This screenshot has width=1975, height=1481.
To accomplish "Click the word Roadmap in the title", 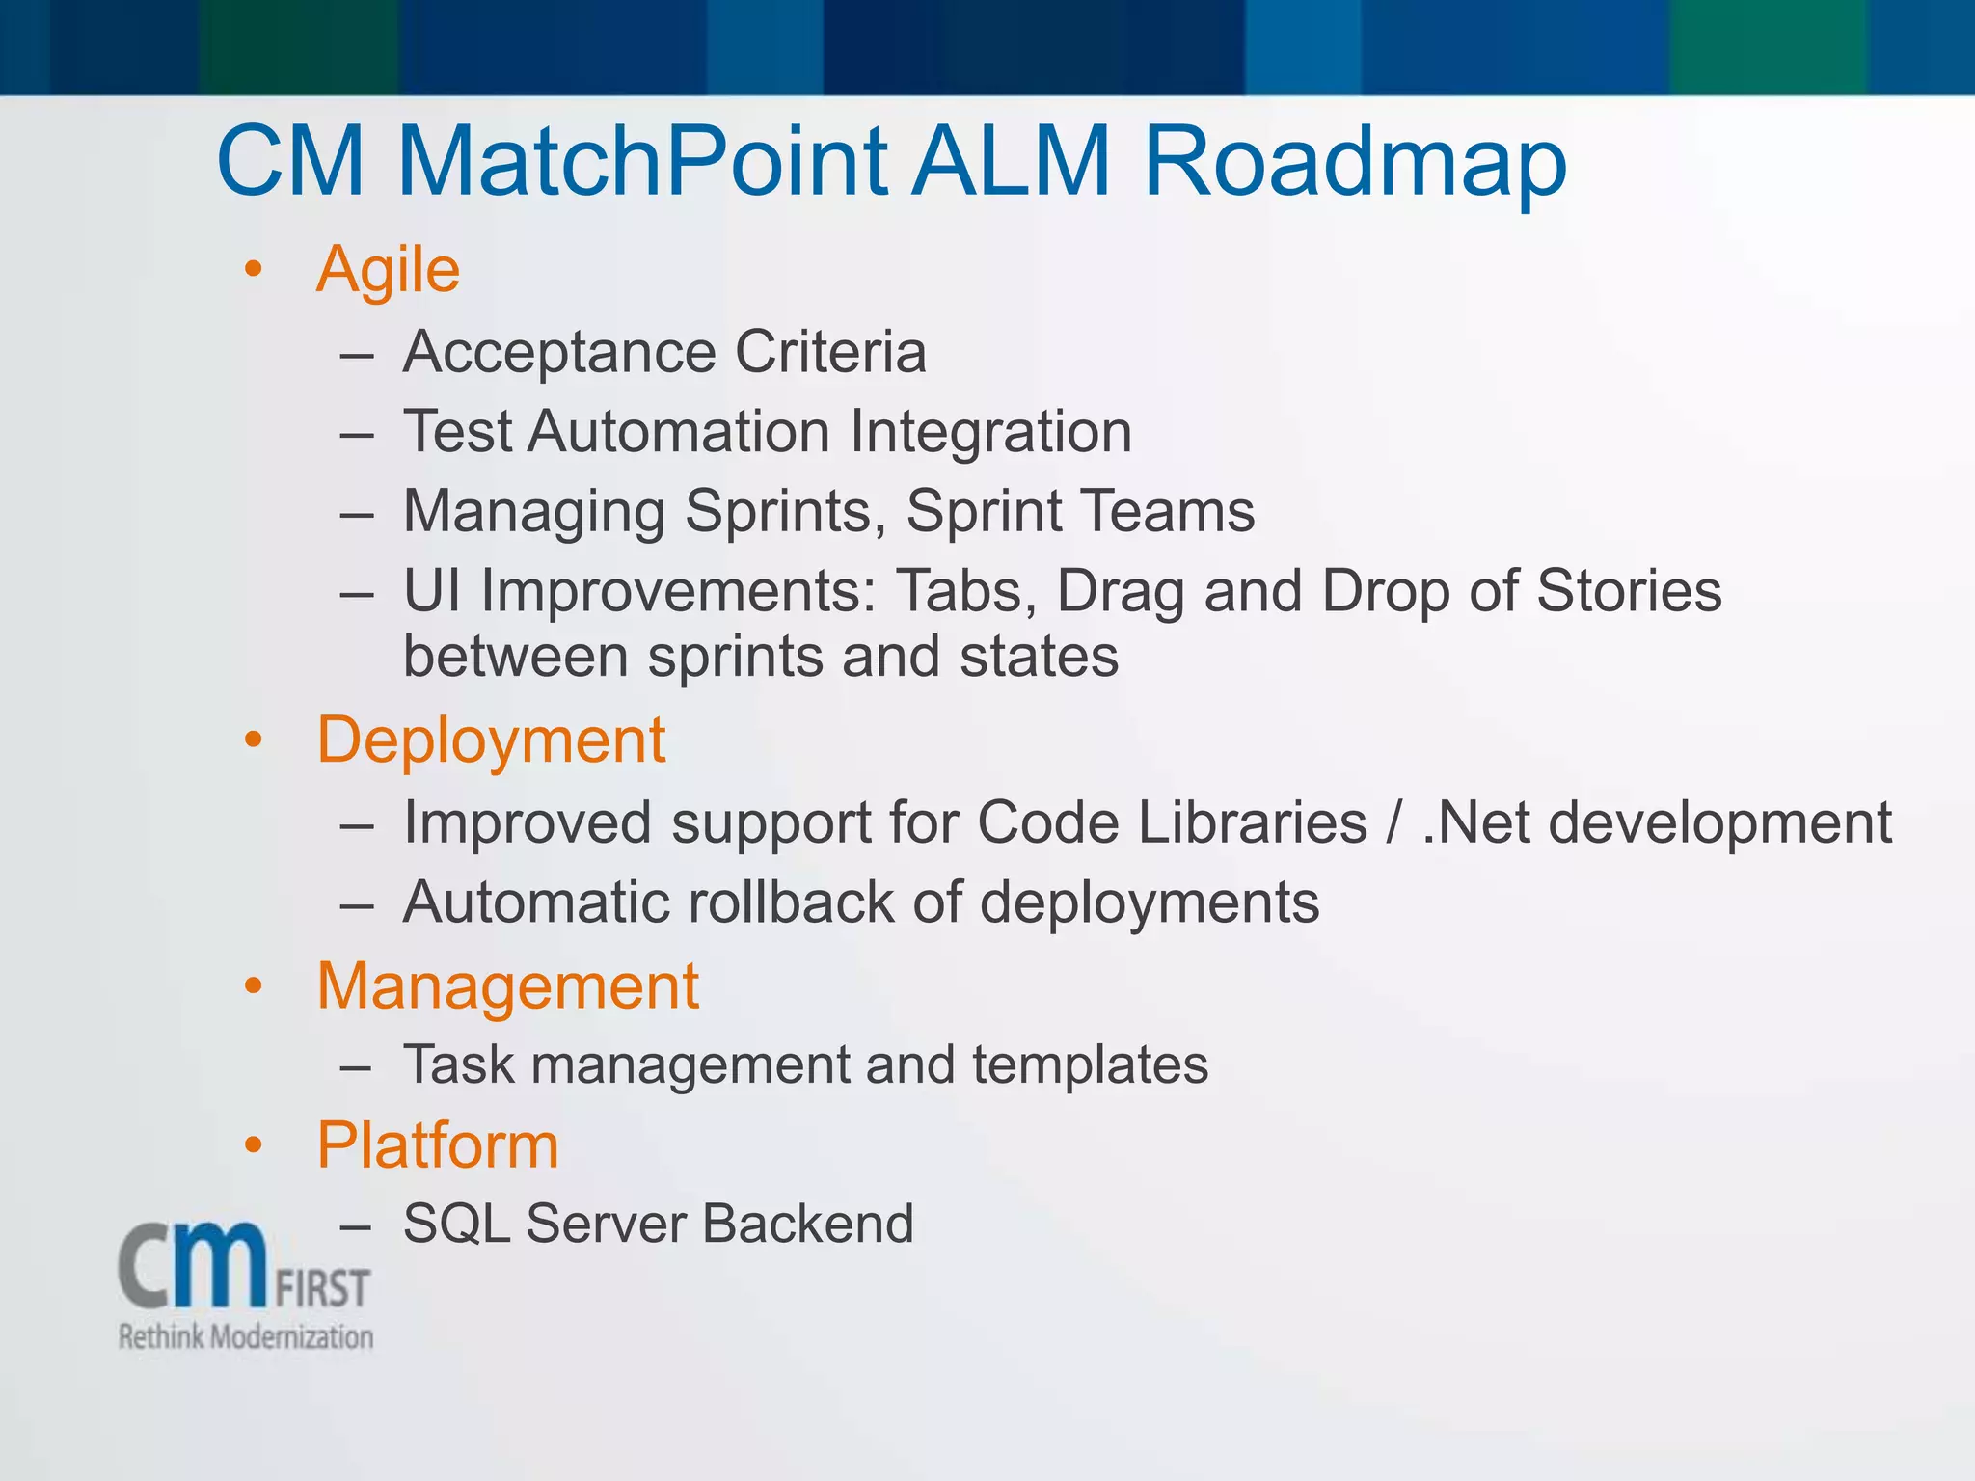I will pyautogui.click(x=1354, y=161).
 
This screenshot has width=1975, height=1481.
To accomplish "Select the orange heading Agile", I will pyautogui.click(x=388, y=270).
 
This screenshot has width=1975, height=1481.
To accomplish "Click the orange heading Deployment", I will pyautogui.click(x=491, y=741).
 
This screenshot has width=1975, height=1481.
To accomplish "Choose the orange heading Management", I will pyautogui.click(x=507, y=987).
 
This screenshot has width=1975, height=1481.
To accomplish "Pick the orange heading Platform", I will pyautogui.click(x=438, y=1146).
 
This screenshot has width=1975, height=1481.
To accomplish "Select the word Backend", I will pyautogui.click(x=807, y=1225).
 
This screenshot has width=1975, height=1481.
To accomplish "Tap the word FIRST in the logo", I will pyautogui.click(x=322, y=1289).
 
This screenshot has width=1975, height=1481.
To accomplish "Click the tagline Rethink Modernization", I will pyautogui.click(x=245, y=1337).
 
